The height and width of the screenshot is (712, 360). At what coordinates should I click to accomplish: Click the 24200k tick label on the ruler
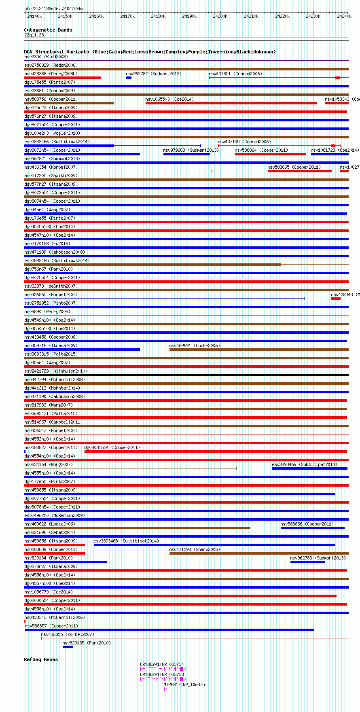(x=220, y=16)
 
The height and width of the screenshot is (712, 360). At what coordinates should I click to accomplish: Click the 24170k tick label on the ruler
(x=127, y=16)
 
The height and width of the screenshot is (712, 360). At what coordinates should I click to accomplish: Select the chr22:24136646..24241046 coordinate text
(x=53, y=8)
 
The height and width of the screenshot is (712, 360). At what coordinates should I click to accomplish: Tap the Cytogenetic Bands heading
(x=48, y=30)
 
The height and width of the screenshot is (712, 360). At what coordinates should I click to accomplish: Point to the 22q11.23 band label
(x=34, y=35)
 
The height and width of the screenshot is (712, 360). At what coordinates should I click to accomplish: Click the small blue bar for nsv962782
(x=129, y=78)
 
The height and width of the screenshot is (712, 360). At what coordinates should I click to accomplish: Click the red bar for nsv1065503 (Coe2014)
(x=231, y=103)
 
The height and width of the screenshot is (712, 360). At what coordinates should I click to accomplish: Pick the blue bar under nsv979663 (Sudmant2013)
(x=186, y=154)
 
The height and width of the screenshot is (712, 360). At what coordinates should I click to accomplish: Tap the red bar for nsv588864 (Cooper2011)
(x=270, y=154)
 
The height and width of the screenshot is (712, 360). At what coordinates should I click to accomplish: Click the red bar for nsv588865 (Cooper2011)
(x=299, y=171)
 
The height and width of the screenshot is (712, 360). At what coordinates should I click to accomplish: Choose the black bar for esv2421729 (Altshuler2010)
(x=186, y=375)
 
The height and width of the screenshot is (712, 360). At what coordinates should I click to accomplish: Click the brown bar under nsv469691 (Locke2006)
(x=259, y=350)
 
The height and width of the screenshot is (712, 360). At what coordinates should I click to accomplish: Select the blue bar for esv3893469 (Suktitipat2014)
(x=309, y=468)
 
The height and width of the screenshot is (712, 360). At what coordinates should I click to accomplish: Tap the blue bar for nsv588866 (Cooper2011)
(x=312, y=528)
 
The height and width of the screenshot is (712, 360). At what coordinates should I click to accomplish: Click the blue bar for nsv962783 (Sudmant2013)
(x=307, y=562)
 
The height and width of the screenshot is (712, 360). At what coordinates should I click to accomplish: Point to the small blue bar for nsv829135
(x=68, y=647)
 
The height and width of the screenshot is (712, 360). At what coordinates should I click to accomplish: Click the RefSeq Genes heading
(x=41, y=659)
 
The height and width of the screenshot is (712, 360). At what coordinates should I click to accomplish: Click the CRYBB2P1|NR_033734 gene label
(x=162, y=664)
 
